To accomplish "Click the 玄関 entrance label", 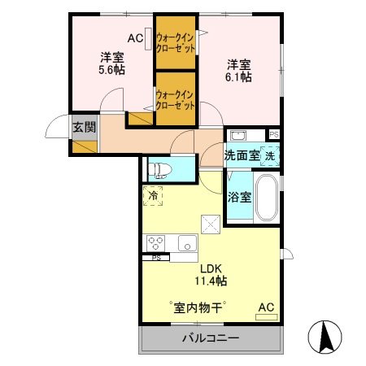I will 83,127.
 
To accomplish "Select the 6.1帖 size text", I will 237,75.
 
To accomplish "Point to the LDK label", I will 211,266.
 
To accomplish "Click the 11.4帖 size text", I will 211,280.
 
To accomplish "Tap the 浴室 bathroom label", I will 238,196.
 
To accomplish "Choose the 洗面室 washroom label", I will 242,155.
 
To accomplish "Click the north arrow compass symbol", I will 327,335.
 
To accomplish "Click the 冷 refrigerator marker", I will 152,195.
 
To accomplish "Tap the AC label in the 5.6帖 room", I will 134,38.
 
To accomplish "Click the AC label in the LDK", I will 265,307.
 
